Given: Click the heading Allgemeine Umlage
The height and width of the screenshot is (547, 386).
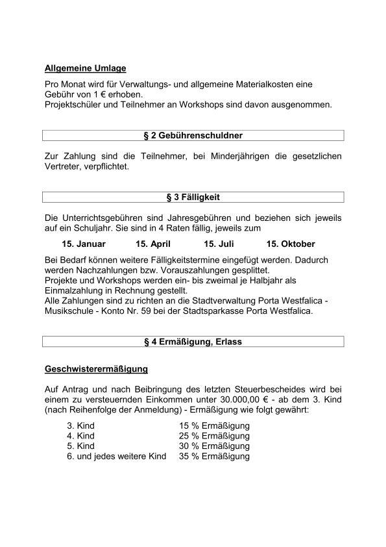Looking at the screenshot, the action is [x=85, y=68].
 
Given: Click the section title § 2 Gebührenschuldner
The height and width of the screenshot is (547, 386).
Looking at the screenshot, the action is [x=193, y=135].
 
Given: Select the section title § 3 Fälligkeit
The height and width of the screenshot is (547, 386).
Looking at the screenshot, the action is [x=193, y=197].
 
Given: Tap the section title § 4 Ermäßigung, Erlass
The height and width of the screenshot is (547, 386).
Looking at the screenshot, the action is [x=193, y=342].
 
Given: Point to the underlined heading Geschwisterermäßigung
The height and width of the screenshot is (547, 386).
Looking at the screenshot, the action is [x=96, y=369].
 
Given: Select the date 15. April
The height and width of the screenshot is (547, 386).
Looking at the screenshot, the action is [x=152, y=244].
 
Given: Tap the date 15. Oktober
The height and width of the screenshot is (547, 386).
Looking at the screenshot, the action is [x=291, y=244].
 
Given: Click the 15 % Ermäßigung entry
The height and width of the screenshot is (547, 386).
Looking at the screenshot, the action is [x=214, y=426].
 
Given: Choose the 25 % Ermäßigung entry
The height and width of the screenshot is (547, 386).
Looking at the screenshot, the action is [x=214, y=436].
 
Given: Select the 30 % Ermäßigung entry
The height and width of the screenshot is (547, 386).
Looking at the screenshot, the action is [x=214, y=446].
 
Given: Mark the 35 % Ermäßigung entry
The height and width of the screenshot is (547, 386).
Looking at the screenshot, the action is [x=214, y=456].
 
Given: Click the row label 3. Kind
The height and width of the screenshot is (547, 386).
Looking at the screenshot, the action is [x=80, y=426].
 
